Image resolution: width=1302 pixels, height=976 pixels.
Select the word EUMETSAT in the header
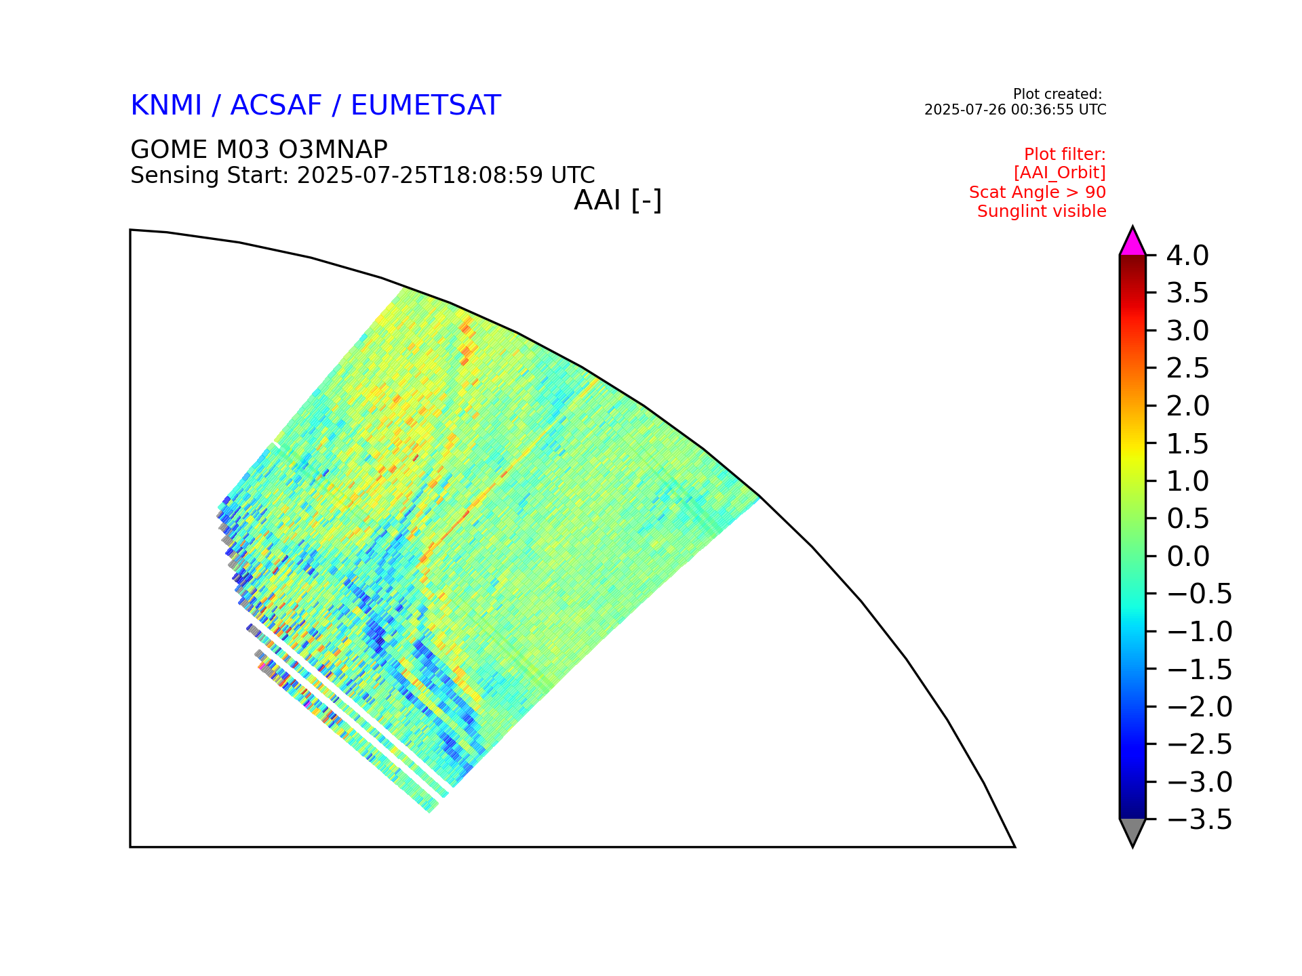pos(426,106)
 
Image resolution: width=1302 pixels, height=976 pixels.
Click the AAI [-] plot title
pos(618,201)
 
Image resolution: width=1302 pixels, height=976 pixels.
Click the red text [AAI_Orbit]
pos(1060,173)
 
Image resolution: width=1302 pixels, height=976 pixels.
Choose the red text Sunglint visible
pos(1042,211)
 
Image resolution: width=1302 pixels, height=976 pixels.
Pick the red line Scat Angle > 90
pos(1038,192)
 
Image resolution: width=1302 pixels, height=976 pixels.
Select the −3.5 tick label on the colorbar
pos(1199,819)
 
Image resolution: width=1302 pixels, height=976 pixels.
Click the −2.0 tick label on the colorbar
pos(1199,707)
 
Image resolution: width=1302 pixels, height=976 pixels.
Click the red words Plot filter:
pos(1065,155)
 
